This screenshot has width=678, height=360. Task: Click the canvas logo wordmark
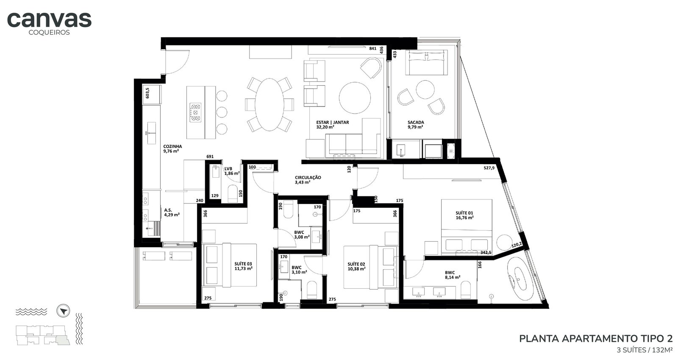(x=49, y=20)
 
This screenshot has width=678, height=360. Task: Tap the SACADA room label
(x=416, y=122)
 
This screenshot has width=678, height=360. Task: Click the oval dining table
(x=270, y=104)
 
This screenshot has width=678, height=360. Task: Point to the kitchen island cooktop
(x=195, y=113)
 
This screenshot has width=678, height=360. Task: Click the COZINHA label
(x=172, y=147)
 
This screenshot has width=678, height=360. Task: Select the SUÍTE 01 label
(x=464, y=213)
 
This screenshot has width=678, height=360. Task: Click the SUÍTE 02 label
(x=356, y=264)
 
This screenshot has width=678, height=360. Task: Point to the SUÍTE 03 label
(x=243, y=264)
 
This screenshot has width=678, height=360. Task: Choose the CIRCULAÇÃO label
(x=308, y=178)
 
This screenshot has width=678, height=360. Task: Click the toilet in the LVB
(x=233, y=193)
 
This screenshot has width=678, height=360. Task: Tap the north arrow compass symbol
(x=63, y=311)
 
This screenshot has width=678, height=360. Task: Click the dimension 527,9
(x=489, y=168)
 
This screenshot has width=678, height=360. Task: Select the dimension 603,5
(x=147, y=93)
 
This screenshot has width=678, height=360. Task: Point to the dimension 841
(x=372, y=48)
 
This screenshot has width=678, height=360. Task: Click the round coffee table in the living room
(x=355, y=98)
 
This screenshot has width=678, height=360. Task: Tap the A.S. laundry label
(x=168, y=210)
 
